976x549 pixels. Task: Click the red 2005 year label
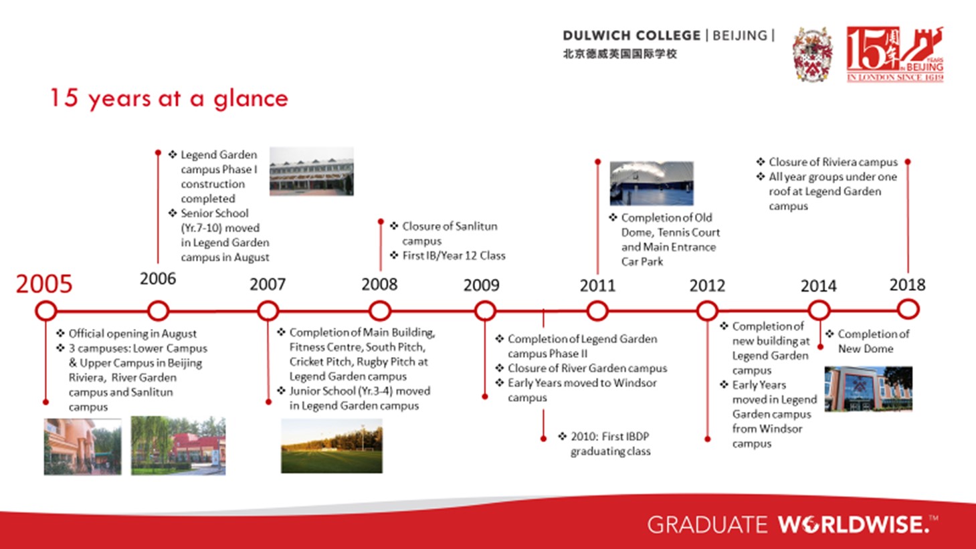44,284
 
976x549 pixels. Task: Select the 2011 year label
597,286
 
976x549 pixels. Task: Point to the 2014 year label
818,286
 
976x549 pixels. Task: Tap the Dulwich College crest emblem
812,54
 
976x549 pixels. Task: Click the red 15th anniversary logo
895,54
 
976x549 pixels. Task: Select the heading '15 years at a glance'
169,98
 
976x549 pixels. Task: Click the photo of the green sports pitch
332,446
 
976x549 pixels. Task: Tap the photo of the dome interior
652,183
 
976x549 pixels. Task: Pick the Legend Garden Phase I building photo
312,171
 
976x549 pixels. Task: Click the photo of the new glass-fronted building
868,389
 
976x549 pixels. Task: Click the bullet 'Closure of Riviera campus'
827,162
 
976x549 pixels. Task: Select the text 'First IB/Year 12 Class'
448,255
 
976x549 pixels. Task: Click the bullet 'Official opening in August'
126,334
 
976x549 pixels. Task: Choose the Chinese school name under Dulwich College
620,54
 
